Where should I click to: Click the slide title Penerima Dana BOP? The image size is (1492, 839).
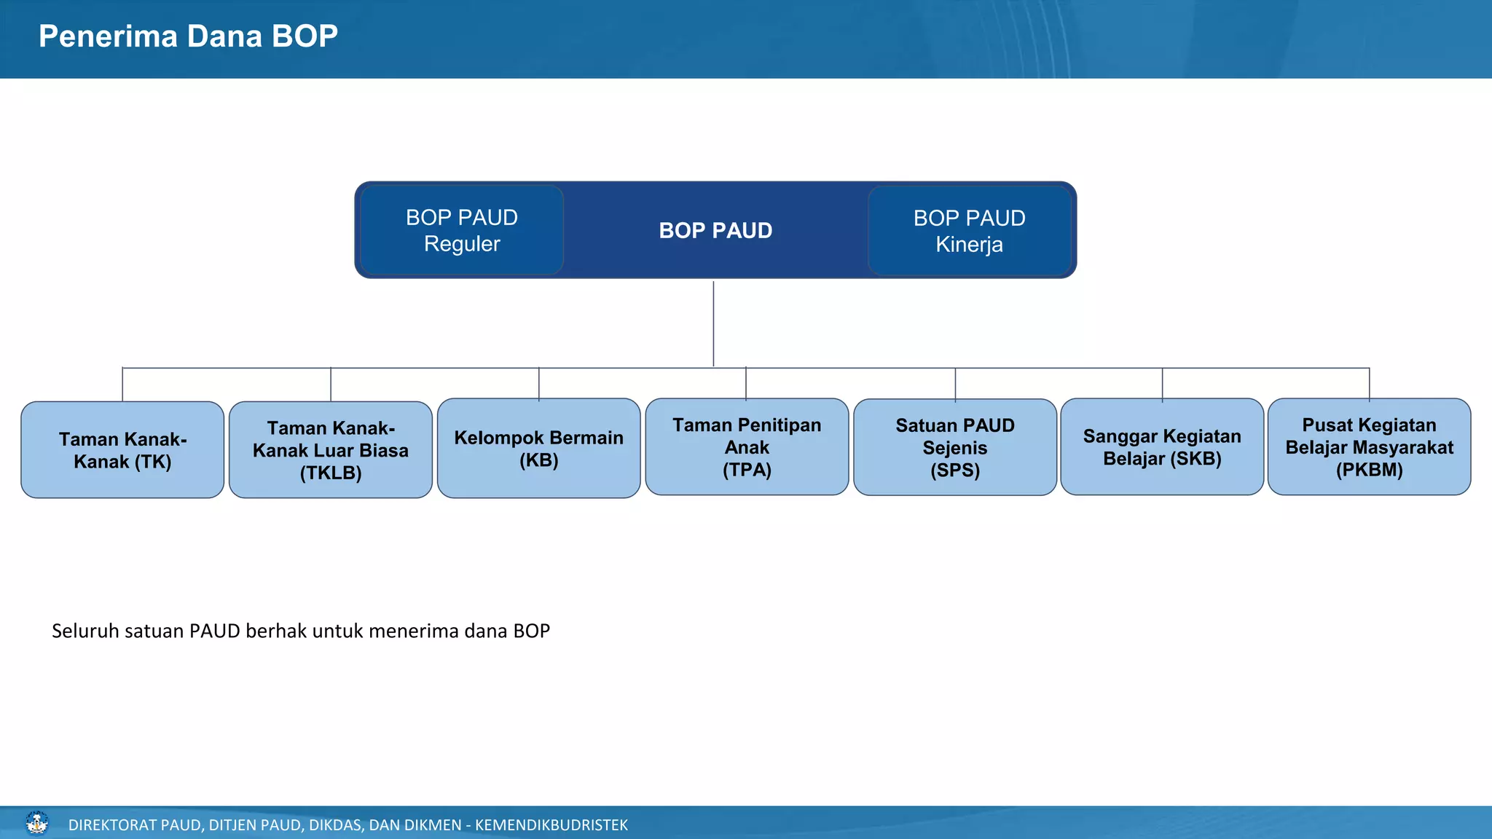[x=188, y=36]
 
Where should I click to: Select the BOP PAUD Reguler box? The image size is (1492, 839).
[x=462, y=230]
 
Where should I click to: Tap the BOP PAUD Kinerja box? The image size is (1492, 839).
[x=969, y=231]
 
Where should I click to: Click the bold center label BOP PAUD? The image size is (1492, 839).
[x=715, y=231]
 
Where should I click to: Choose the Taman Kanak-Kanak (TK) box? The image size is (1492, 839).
[x=122, y=450]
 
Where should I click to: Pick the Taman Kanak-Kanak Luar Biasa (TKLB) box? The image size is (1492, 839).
[x=331, y=450]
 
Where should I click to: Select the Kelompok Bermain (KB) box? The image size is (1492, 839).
[x=538, y=449]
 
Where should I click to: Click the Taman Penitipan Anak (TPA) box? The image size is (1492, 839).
[x=747, y=447]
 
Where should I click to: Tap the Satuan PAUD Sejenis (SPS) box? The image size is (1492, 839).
[x=954, y=447]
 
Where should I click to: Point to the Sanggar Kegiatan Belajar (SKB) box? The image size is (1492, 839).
[x=1162, y=447]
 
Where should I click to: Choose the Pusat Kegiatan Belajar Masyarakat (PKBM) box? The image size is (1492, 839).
[x=1369, y=447]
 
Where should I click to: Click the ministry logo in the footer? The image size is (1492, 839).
[x=36, y=824]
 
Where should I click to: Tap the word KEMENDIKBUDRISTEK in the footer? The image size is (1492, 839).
[x=551, y=825]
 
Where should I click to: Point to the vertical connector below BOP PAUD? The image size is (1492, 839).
[x=713, y=324]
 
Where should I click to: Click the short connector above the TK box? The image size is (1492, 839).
[x=122, y=385]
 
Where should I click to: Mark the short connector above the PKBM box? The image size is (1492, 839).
[x=1369, y=383]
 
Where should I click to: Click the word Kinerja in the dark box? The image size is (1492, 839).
[x=969, y=245]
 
